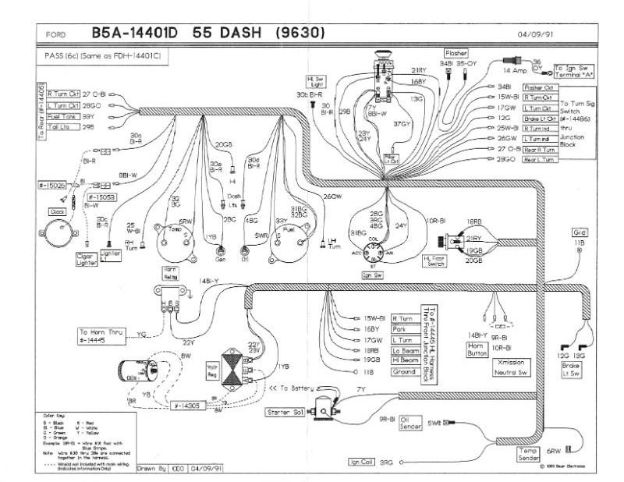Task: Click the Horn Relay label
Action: click(171, 272)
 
